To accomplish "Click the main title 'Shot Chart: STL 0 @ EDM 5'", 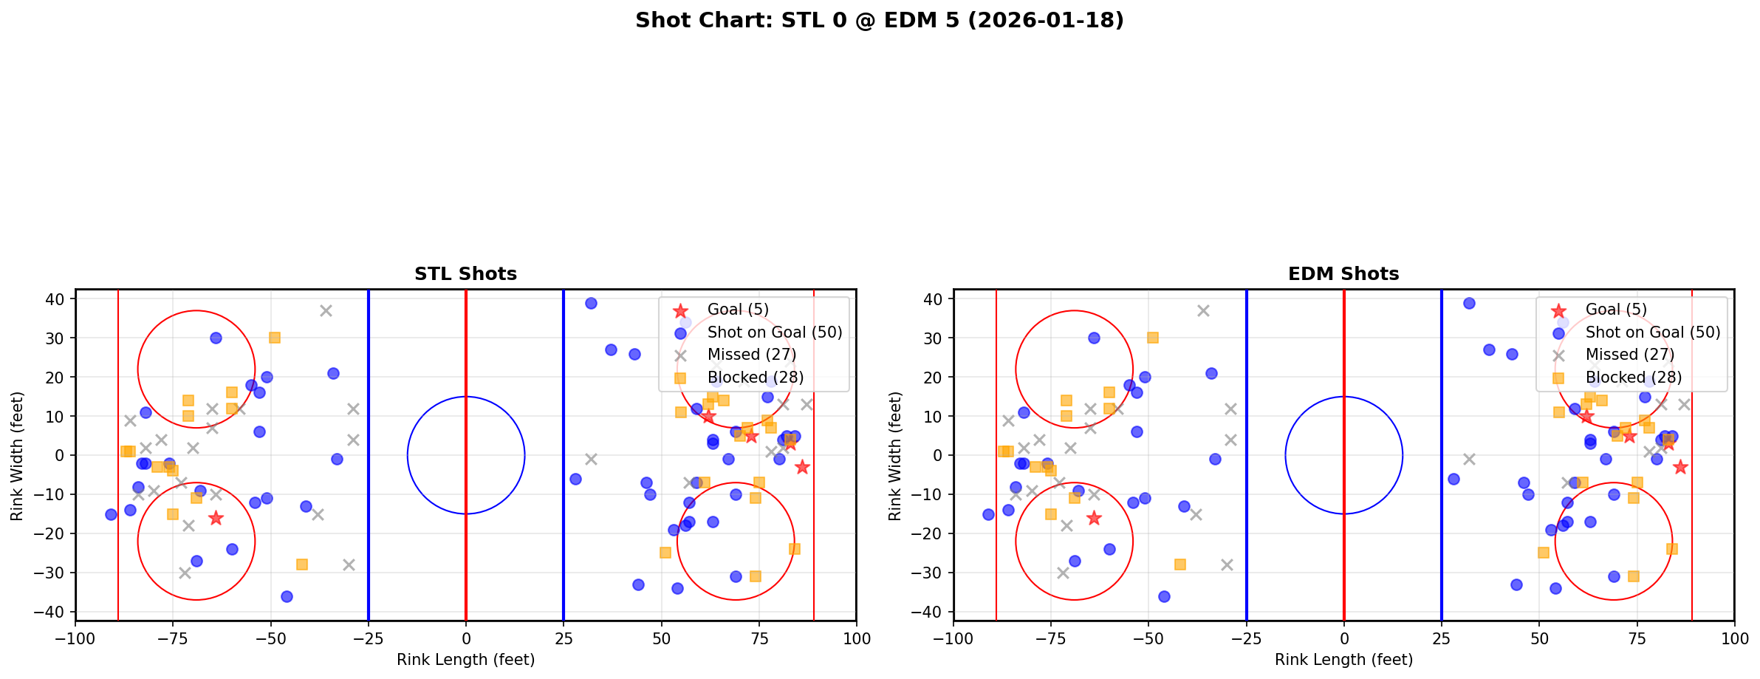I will pyautogui.click(x=879, y=21).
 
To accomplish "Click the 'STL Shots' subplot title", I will pyautogui.click(x=465, y=274).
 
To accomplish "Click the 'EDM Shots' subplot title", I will pyautogui.click(x=1343, y=274).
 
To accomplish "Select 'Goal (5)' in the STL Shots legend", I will pyautogui.click(x=738, y=310).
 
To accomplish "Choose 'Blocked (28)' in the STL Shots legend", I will pyautogui.click(x=755, y=378).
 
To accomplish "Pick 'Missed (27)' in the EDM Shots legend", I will pyautogui.click(x=1629, y=355).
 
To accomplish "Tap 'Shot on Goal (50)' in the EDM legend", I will pyautogui.click(x=1652, y=332).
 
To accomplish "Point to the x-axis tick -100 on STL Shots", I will pyautogui.click(x=75, y=638).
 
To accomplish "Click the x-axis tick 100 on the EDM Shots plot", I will pyautogui.click(x=1734, y=638).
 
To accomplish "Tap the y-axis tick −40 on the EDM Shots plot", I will pyautogui.click(x=932, y=612).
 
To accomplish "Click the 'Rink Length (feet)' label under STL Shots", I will pyautogui.click(x=465, y=660).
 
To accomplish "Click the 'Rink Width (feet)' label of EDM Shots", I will pyautogui.click(x=895, y=455).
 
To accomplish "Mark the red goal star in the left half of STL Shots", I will pyautogui.click(x=216, y=518).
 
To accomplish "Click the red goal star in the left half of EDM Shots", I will pyautogui.click(x=1094, y=518).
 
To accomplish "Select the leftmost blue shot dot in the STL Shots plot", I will pyautogui.click(x=111, y=514).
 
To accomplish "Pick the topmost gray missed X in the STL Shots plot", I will pyautogui.click(x=326, y=311).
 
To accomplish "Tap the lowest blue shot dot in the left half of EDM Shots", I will pyautogui.click(x=1164, y=596).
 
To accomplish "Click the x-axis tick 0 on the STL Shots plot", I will pyautogui.click(x=466, y=638).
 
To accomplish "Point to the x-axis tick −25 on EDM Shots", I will pyautogui.click(x=1247, y=638).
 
